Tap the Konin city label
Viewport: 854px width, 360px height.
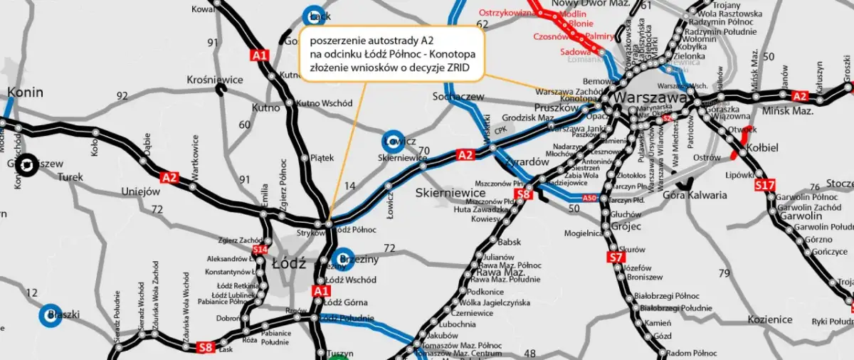25,92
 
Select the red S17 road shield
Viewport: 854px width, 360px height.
764,186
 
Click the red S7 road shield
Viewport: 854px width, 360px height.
616,257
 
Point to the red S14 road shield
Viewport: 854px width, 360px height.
260,249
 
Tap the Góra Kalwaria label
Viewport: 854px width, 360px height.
695,194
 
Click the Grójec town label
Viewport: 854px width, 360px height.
626,226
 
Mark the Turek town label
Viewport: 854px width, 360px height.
70,177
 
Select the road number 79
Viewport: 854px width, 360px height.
724,274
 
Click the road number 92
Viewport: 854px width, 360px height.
122,95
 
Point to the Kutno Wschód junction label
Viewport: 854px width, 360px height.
324,103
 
